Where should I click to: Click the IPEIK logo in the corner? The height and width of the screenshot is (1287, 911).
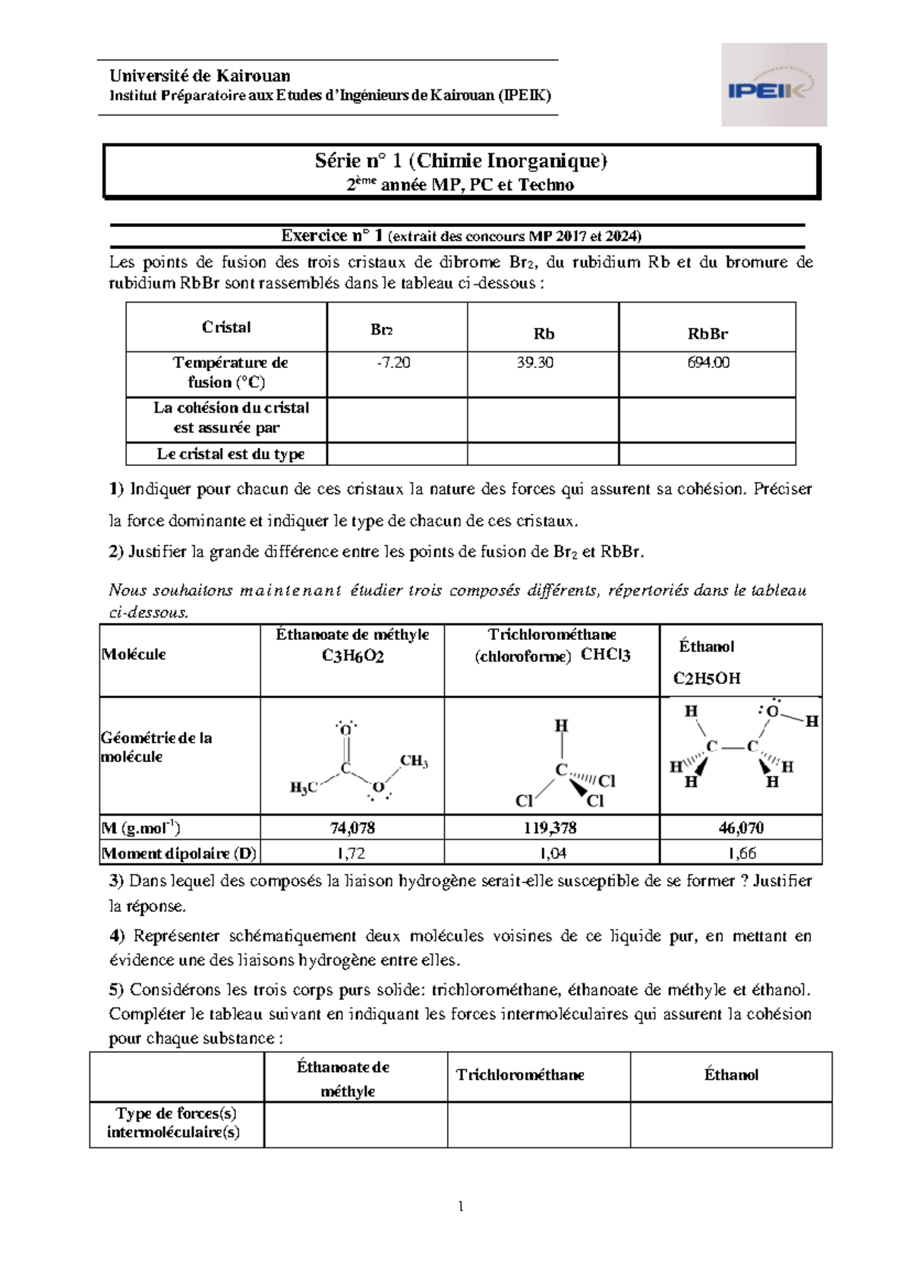[x=773, y=85]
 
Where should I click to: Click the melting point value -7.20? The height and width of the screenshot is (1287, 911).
[x=393, y=363]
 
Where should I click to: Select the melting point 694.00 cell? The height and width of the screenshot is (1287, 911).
[x=708, y=363]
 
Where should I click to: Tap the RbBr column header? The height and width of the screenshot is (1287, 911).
[x=708, y=334]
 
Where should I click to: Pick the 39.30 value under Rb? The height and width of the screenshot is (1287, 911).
[x=534, y=363]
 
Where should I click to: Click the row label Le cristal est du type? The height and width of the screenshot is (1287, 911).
[x=230, y=454]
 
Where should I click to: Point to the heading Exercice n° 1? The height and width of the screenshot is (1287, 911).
[x=333, y=236]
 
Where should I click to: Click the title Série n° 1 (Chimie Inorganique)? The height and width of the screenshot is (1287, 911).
[x=461, y=161]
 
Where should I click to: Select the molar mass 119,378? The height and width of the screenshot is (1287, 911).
[x=550, y=828]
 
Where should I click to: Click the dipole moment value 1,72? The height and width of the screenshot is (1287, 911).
[x=351, y=853]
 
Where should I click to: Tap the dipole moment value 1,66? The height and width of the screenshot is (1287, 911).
[x=741, y=853]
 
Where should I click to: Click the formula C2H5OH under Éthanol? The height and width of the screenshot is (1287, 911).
[x=707, y=678]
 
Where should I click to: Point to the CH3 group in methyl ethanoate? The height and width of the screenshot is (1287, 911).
[x=414, y=761]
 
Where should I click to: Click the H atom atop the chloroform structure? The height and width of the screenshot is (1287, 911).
[x=561, y=726]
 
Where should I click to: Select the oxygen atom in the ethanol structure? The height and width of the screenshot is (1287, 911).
[x=773, y=712]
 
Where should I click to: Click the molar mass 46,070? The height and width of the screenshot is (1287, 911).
[x=741, y=828]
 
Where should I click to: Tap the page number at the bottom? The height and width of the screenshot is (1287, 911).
[x=461, y=1206]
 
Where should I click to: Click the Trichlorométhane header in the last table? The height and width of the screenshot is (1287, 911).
[x=520, y=1075]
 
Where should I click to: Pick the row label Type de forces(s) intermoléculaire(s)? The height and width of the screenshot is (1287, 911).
[x=175, y=1122]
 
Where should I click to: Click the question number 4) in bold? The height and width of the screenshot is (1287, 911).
[x=116, y=936]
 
